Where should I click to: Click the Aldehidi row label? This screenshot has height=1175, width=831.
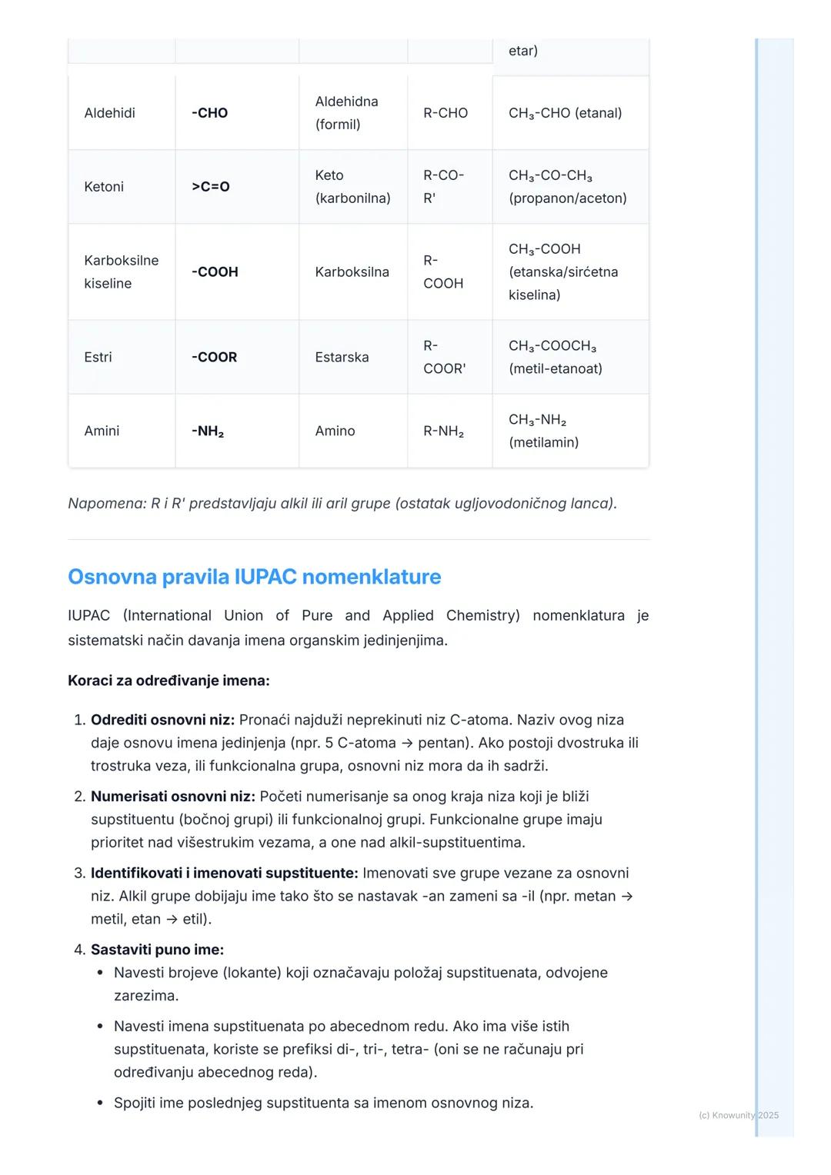(x=109, y=113)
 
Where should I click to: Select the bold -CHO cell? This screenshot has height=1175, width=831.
(x=209, y=113)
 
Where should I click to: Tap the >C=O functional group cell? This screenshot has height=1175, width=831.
(x=210, y=187)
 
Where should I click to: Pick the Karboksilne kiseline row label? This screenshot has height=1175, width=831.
(x=121, y=271)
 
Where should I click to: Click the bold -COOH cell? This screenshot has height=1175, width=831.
(x=215, y=271)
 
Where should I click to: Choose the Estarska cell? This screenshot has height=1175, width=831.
(x=342, y=357)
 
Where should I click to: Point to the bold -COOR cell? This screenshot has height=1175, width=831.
(x=214, y=357)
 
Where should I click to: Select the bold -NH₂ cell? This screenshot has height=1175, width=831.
(x=208, y=431)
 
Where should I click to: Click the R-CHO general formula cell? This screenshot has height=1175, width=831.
(x=446, y=113)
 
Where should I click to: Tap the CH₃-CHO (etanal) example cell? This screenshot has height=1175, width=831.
(x=565, y=113)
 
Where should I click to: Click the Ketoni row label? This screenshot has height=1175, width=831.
(x=104, y=187)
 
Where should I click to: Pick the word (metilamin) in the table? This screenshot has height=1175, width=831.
(x=543, y=442)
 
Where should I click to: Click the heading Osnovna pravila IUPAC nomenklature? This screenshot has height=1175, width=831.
(x=254, y=577)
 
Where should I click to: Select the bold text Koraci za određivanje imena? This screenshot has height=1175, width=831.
(x=169, y=681)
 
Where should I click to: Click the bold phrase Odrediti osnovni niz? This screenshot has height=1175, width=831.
(x=162, y=720)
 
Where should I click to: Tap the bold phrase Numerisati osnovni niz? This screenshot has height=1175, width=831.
(x=172, y=797)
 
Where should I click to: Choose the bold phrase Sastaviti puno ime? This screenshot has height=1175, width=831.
(x=157, y=950)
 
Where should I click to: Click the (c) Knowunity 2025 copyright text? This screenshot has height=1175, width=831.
(x=738, y=1115)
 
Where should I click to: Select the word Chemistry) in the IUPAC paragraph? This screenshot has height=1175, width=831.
(x=482, y=615)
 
